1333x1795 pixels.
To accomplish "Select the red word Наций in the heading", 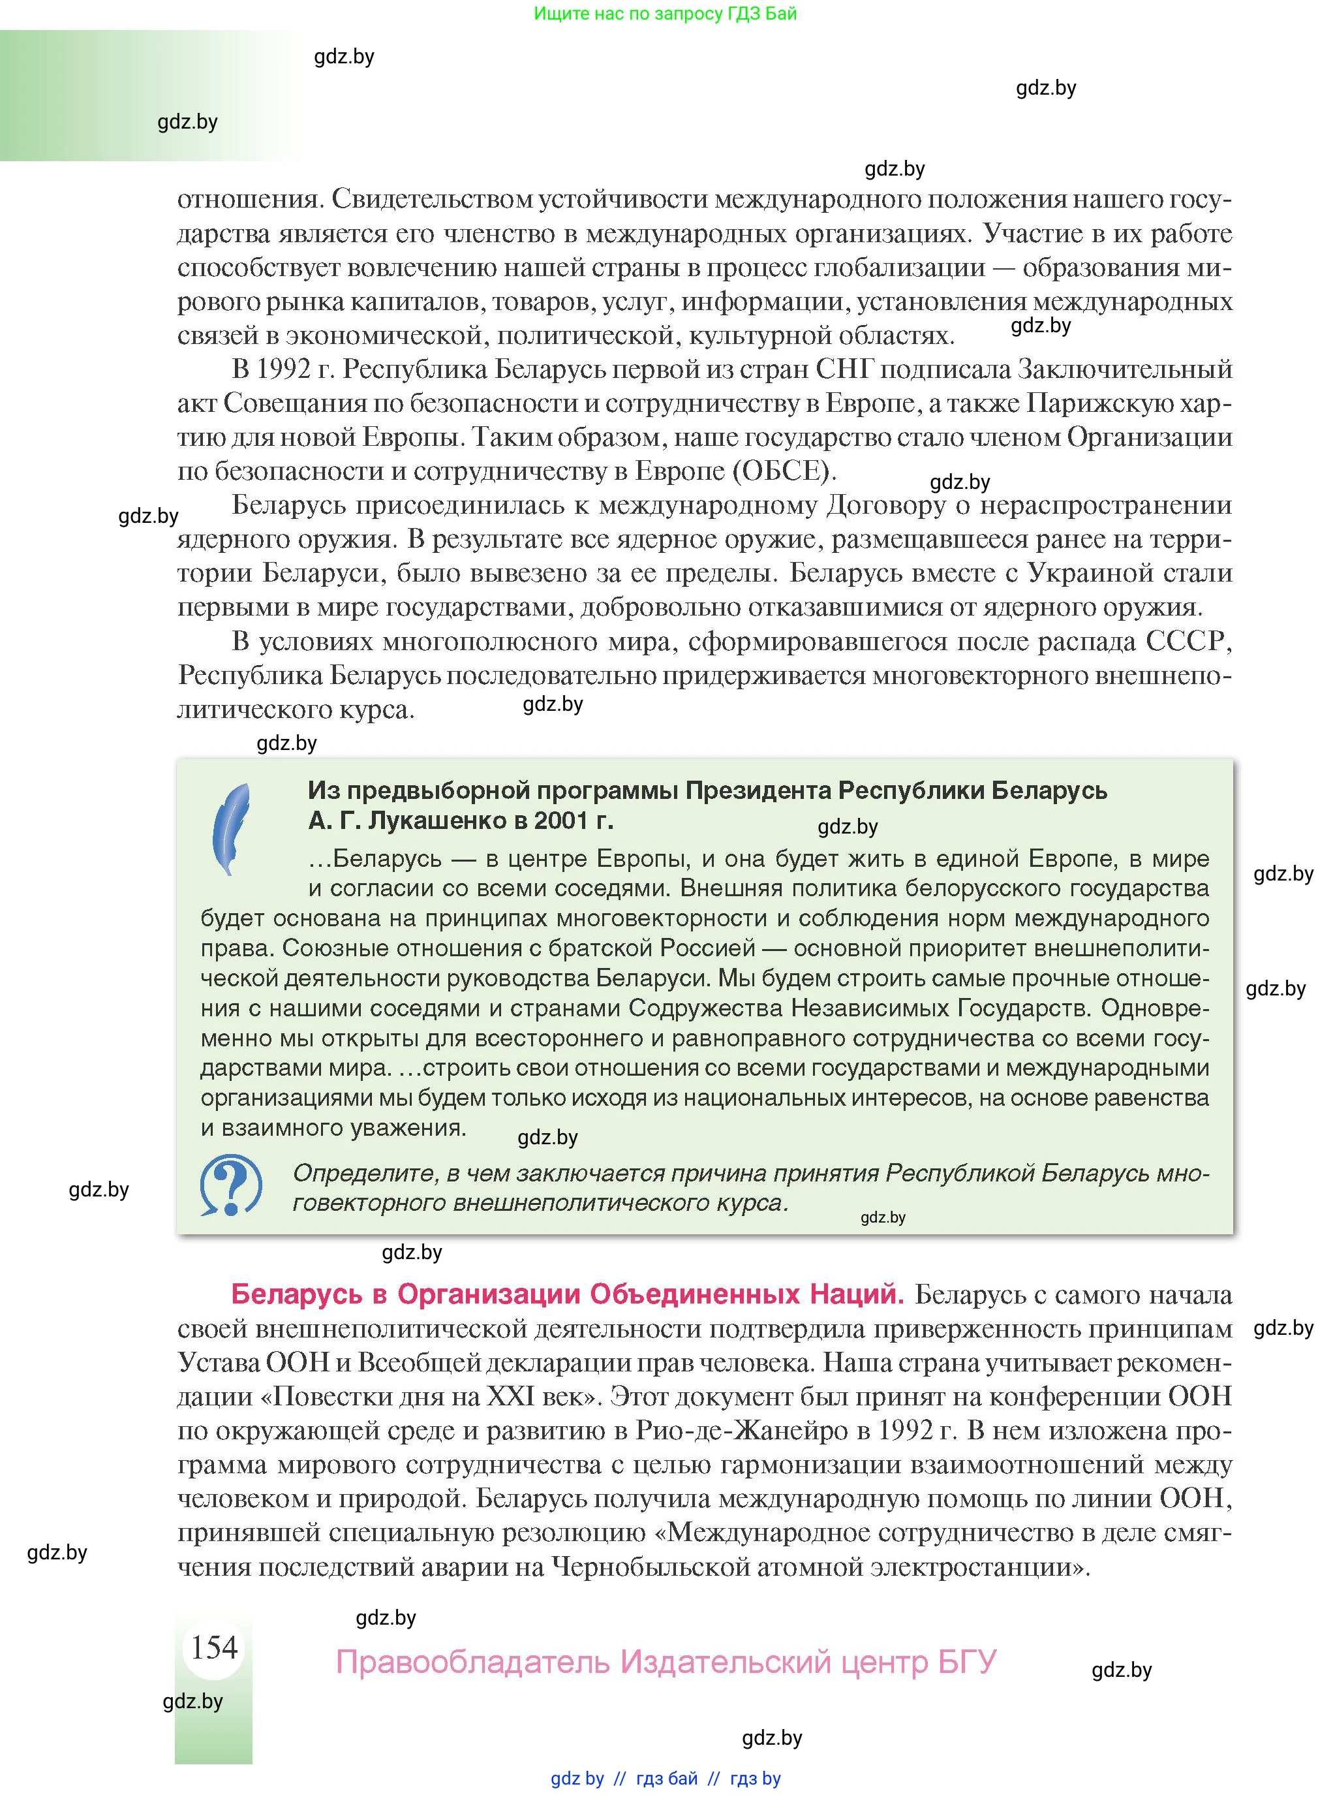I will [x=857, y=1294].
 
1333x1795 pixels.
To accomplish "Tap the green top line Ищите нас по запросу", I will [x=665, y=14].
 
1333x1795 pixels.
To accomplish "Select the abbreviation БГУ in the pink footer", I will [x=967, y=1662].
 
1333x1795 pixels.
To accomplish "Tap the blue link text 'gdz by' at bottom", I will [x=577, y=1778].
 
